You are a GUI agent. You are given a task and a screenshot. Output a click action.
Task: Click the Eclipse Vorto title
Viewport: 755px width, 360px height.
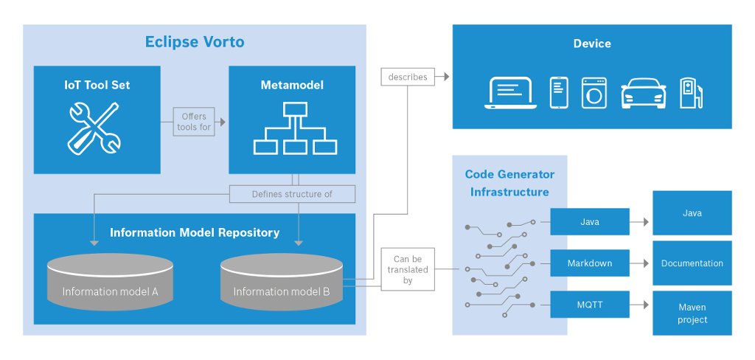195,42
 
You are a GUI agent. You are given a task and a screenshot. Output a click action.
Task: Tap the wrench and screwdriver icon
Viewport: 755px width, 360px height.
94,128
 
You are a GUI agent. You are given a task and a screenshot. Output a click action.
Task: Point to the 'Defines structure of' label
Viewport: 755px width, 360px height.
292,194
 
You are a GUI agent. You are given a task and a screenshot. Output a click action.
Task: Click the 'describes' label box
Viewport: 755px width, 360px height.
407,77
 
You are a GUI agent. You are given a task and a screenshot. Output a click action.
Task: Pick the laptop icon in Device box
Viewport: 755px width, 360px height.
511,92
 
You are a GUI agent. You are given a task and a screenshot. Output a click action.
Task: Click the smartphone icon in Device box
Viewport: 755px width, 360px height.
559,92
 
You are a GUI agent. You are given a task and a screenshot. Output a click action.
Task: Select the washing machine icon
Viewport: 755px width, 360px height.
594,93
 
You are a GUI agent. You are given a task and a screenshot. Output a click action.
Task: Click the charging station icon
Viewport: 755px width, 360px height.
691,93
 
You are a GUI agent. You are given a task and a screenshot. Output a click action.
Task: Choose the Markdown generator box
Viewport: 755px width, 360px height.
591,263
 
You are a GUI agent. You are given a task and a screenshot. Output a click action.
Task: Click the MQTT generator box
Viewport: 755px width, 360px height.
591,305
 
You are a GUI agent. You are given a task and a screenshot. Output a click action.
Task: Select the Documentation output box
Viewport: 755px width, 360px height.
692,263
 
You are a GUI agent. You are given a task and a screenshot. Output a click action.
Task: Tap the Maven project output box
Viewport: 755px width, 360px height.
692,313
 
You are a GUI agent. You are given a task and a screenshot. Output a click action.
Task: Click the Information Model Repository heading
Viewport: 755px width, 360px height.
195,232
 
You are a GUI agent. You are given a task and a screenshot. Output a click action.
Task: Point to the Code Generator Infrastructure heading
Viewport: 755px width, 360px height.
509,183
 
